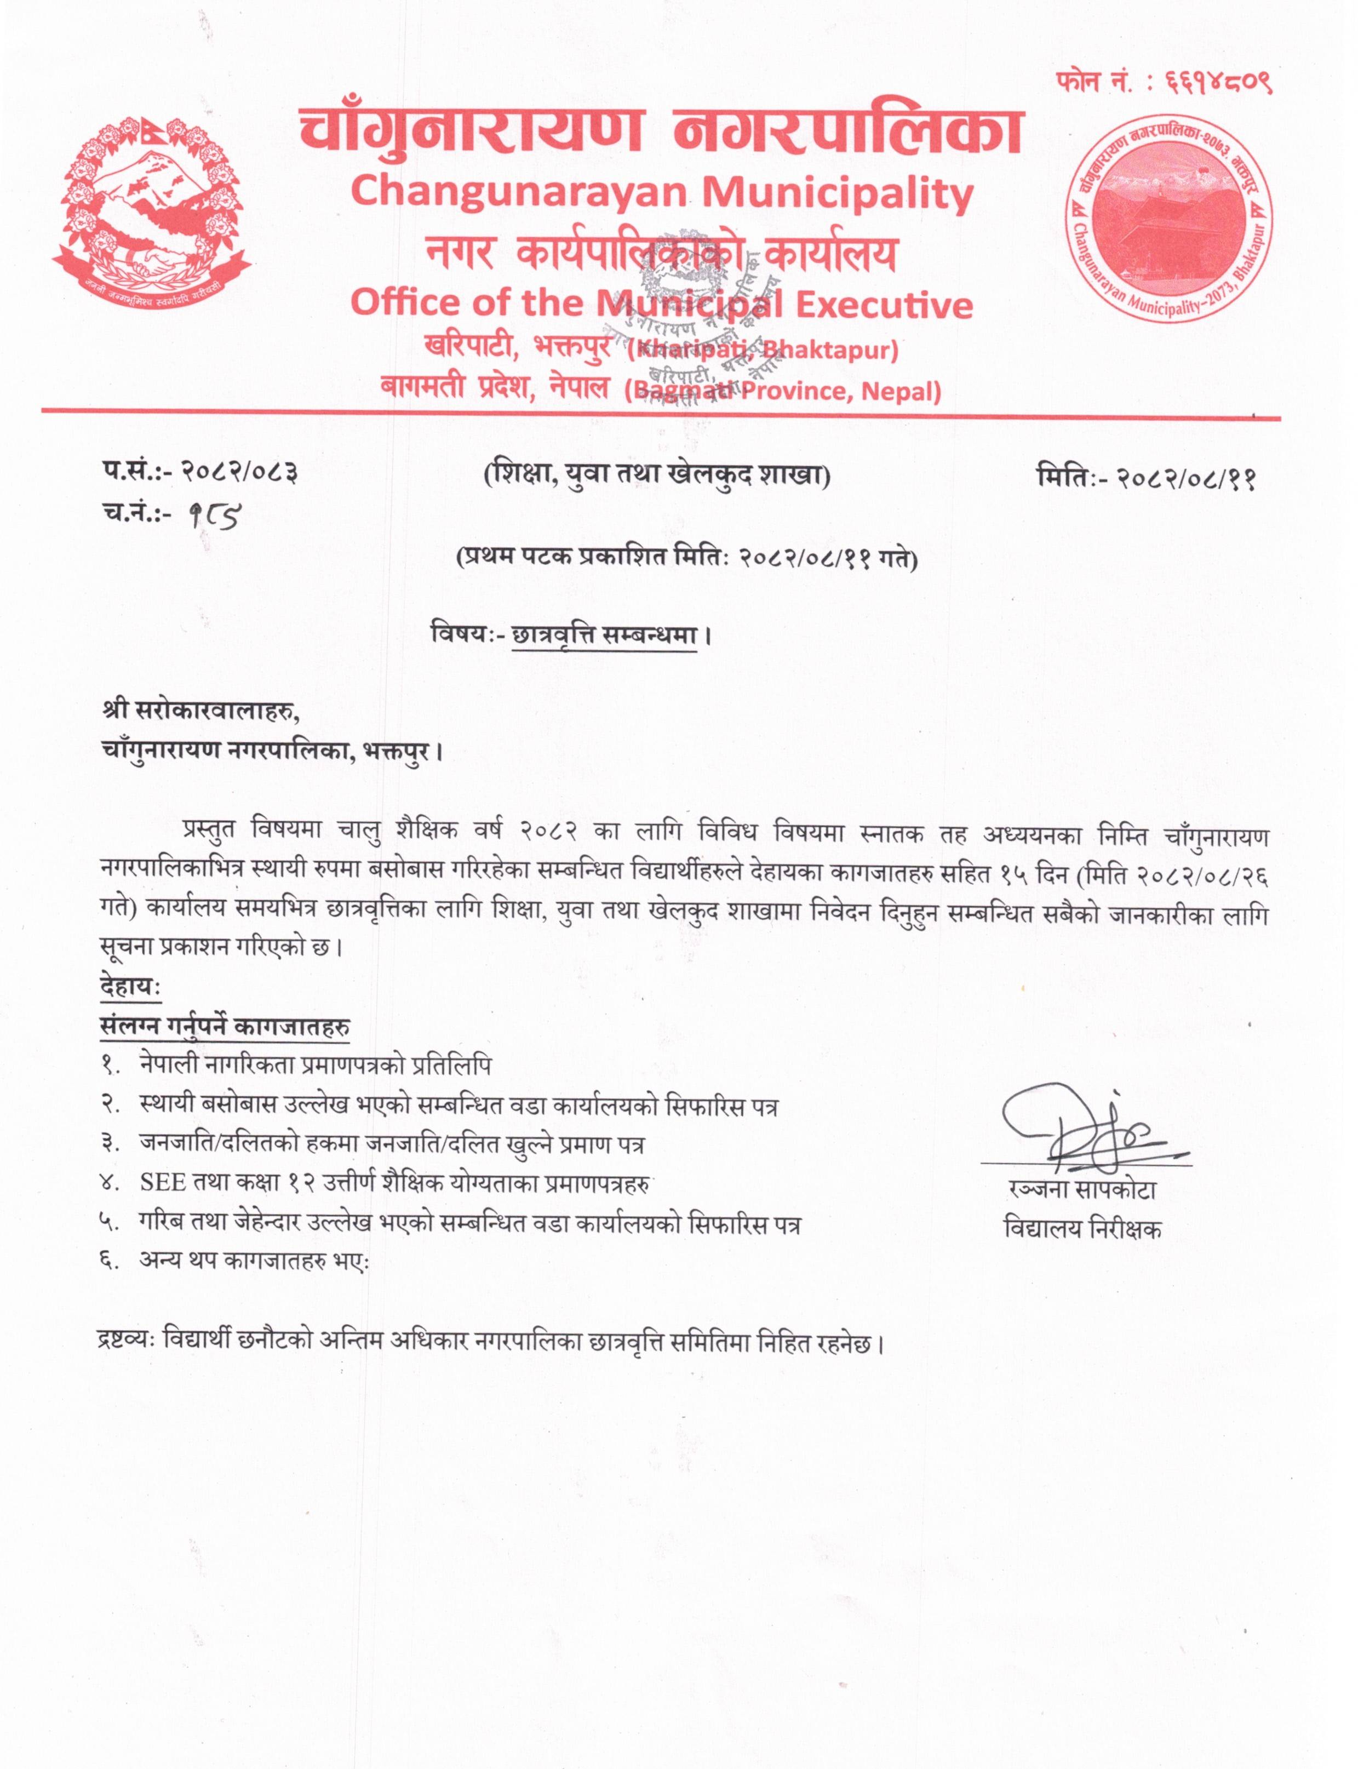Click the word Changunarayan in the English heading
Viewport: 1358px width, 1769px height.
point(517,194)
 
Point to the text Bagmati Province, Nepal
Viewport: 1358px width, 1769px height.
point(782,392)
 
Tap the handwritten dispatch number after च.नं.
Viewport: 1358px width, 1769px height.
point(212,515)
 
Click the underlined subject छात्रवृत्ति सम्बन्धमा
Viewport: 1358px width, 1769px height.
point(605,636)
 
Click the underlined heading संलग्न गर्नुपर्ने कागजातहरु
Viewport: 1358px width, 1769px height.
point(225,1026)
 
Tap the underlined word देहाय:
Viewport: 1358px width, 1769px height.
point(129,987)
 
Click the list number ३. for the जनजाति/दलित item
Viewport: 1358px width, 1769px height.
point(111,1143)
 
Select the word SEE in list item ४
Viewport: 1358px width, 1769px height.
point(163,1183)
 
